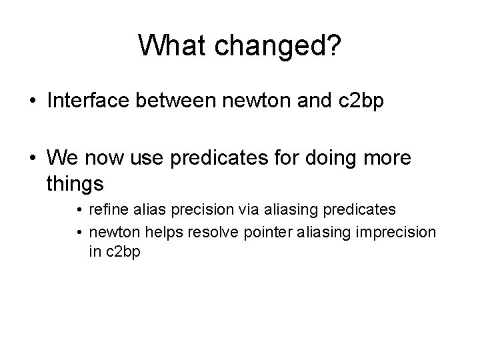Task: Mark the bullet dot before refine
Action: (x=79, y=210)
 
